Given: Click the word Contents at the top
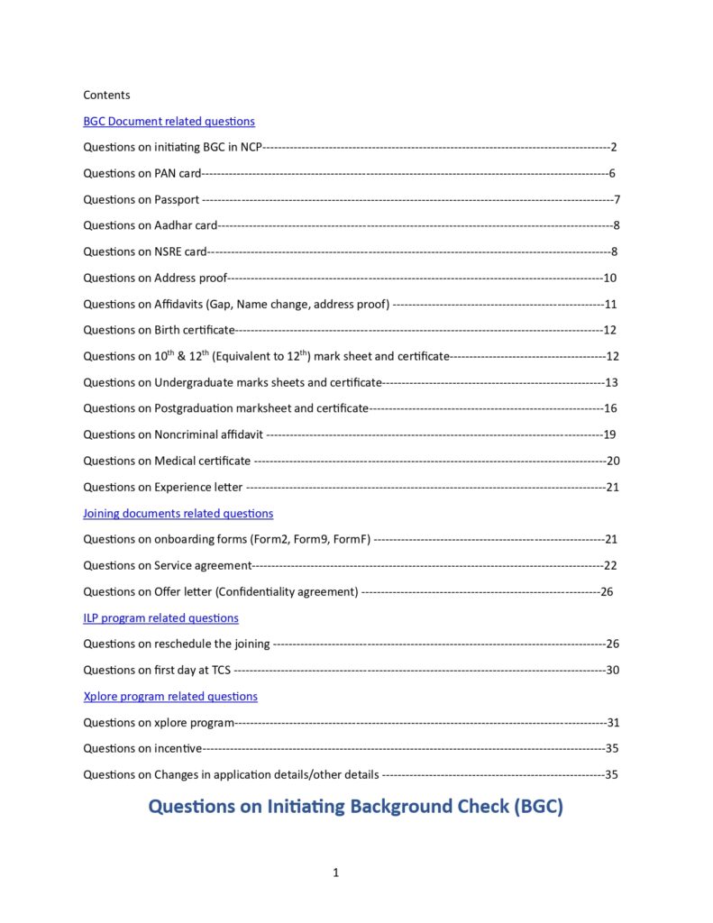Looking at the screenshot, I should (106, 95).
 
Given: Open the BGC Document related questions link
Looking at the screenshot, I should (169, 121).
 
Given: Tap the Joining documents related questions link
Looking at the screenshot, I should (178, 513).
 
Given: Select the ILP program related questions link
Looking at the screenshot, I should (160, 618).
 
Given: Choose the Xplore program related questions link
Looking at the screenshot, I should (170, 697).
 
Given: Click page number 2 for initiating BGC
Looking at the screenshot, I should (613, 147).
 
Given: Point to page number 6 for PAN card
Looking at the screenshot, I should (611, 173).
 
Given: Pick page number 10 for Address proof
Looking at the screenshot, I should (609, 278).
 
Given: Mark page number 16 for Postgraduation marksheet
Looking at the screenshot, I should (609, 408).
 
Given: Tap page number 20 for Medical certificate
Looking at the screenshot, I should (612, 461).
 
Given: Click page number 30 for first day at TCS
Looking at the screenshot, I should (612, 670).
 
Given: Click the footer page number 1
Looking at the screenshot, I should (335, 873).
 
